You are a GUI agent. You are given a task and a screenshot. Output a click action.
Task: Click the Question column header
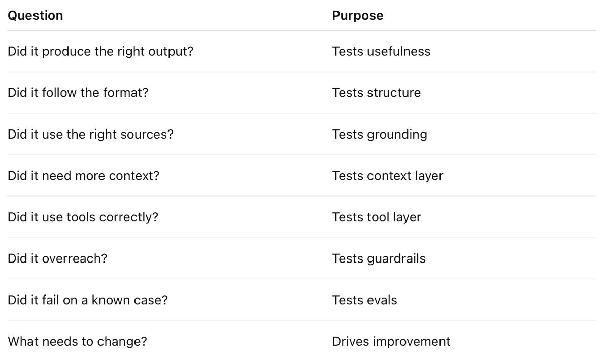(36, 16)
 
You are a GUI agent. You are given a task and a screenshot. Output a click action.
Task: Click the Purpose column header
(357, 16)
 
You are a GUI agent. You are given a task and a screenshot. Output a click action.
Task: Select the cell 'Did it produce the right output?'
(100, 52)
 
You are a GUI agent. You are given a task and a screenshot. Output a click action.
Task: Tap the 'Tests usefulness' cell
(381, 51)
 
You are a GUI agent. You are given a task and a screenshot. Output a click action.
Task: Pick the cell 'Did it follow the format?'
(78, 93)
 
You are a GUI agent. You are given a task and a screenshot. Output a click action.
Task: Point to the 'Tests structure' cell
(377, 93)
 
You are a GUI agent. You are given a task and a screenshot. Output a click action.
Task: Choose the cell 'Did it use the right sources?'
(90, 135)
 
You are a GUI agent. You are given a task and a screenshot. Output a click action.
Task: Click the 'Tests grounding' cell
(380, 135)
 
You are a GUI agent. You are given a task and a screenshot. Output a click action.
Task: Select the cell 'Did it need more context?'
(83, 176)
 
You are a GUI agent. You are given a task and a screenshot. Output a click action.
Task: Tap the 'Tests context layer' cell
(388, 176)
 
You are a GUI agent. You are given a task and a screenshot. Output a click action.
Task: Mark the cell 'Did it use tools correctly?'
(83, 217)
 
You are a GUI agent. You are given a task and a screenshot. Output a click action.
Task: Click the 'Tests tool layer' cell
(377, 217)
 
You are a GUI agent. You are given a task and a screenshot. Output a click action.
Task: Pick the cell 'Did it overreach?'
(57, 258)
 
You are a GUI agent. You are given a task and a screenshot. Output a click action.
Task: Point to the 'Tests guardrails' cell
(379, 259)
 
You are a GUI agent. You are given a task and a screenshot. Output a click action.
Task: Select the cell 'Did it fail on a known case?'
(87, 300)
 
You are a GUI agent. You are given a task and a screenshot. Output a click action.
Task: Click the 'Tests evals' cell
(364, 300)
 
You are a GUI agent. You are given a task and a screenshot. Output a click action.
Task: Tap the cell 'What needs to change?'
(77, 342)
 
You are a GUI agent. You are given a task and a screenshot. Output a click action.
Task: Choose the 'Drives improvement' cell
(391, 342)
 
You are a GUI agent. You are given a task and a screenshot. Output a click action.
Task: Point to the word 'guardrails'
(396, 259)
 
